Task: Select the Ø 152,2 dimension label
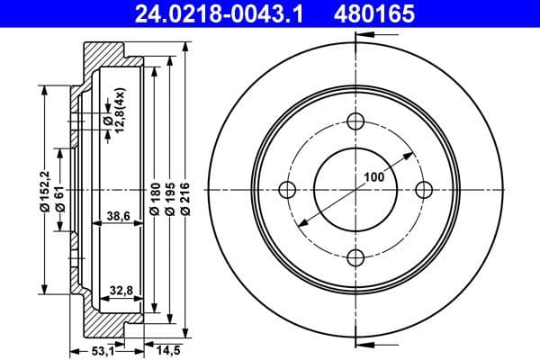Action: tap(43, 192)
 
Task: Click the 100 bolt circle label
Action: tap(375, 176)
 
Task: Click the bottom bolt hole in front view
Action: tap(355, 256)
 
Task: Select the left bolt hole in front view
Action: tap(289, 189)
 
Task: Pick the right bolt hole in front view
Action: tap(423, 189)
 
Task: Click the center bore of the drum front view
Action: tap(355, 190)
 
